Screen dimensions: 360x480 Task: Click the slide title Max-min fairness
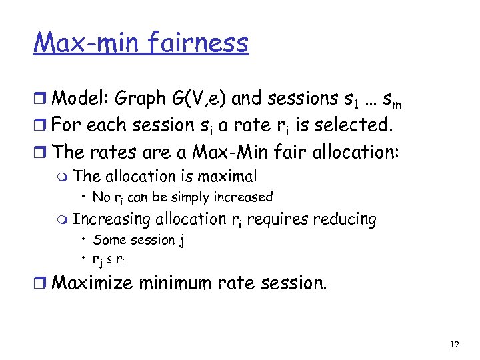click(141, 43)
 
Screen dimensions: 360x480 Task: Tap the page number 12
click(454, 344)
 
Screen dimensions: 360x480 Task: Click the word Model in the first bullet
click(80, 99)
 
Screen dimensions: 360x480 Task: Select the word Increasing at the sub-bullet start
click(111, 219)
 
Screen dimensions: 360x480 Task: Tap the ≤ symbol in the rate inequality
click(110, 260)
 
